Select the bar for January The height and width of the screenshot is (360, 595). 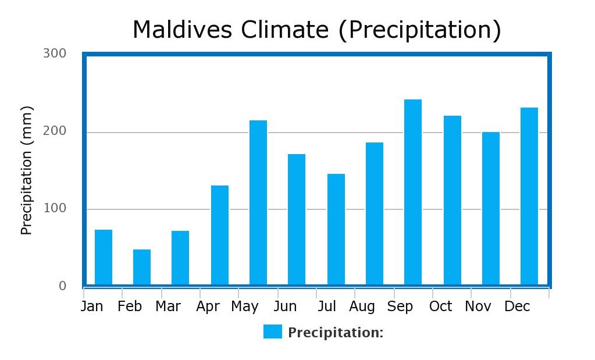(104, 257)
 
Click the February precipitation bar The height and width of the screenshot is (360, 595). (142, 267)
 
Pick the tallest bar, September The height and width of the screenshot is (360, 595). (413, 192)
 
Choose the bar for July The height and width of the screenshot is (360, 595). (336, 229)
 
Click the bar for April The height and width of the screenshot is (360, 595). (220, 235)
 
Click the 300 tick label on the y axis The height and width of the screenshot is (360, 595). (55, 54)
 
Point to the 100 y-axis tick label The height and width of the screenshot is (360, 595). (55, 209)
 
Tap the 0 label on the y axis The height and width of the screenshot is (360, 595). (62, 286)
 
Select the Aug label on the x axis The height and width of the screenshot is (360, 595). (362, 306)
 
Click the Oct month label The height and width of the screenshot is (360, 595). (440, 306)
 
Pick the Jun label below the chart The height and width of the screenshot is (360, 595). (285, 306)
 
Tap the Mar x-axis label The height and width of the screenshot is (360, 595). (168, 306)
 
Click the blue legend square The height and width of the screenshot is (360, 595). (272, 332)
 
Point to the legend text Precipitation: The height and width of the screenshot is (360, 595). (336, 333)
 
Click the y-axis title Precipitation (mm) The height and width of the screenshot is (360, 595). (27, 170)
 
